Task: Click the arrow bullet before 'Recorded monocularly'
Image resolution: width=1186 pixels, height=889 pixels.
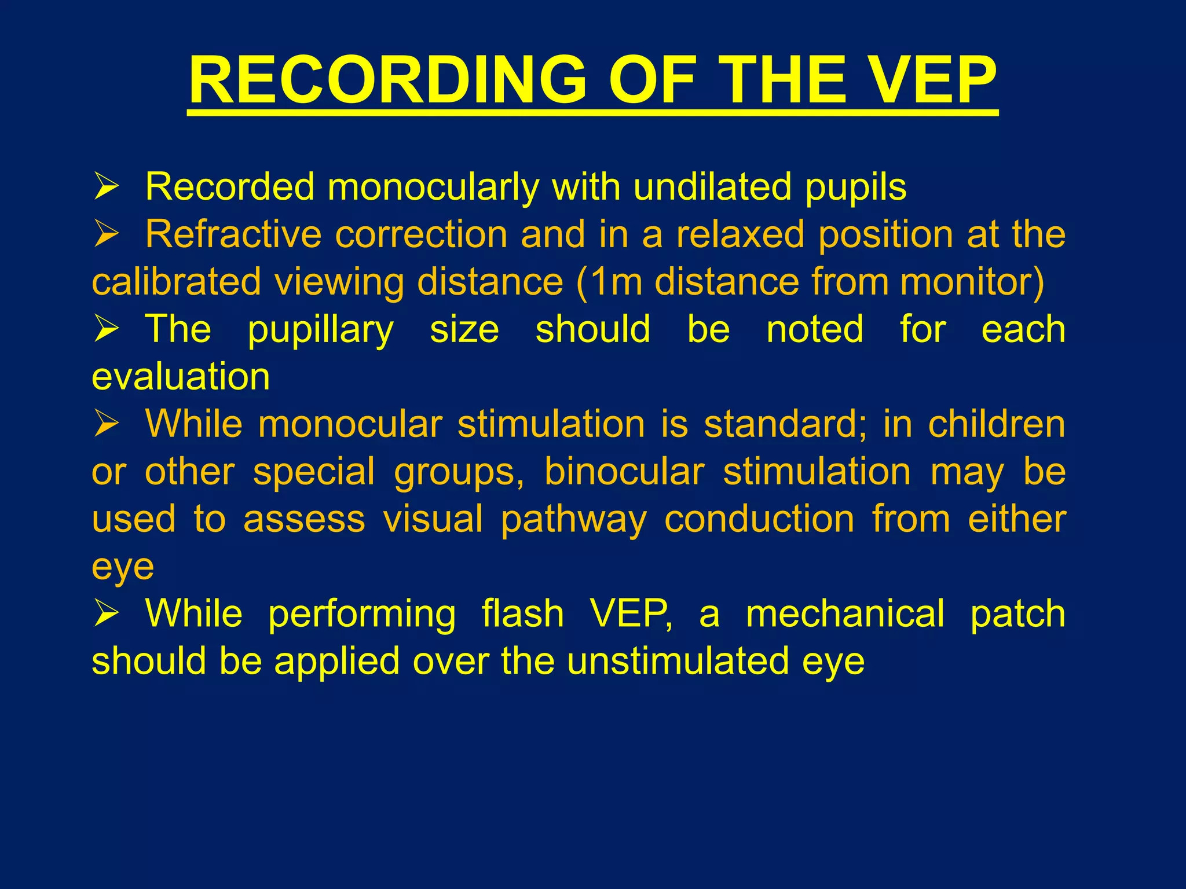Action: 106,188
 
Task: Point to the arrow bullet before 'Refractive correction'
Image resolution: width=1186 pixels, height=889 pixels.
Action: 106,235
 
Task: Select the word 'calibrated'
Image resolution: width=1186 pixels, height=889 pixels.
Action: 176,282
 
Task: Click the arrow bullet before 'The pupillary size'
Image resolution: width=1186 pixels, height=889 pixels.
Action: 106,330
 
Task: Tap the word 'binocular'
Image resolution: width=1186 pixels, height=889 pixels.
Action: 624,472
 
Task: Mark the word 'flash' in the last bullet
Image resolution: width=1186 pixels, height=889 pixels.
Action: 522,614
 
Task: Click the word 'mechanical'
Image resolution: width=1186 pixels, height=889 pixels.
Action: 845,614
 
